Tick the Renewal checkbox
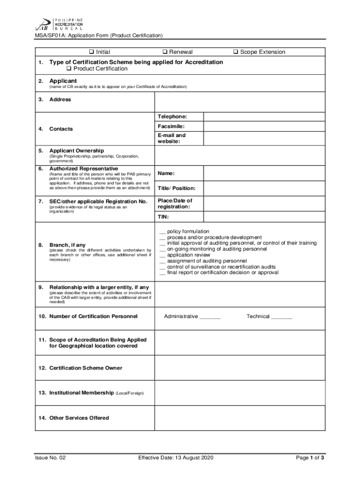pos(165,52)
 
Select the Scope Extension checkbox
pos(236,52)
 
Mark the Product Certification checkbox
pos(69,69)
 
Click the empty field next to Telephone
pos(264,116)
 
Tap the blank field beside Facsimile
pos(264,127)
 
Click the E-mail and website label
pos(172,138)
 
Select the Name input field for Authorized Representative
pos(264,174)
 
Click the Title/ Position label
pos(176,189)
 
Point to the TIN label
pos(163,217)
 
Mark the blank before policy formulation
pos(162,232)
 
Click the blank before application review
pos(162,255)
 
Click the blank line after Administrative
pos(210,317)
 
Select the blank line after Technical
pos(281,317)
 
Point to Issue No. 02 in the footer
pos(50,458)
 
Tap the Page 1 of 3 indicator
pos(310,458)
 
